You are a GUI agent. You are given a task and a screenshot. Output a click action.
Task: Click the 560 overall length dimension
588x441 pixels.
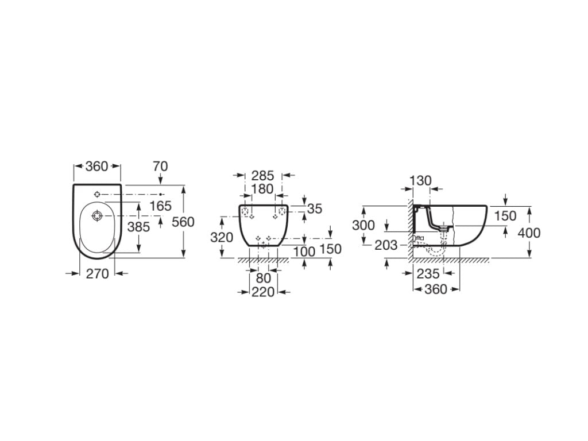[x=183, y=222]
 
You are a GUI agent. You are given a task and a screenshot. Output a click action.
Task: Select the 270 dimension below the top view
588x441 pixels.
[x=98, y=274]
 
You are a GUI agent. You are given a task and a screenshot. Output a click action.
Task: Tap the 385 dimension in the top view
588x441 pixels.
[x=139, y=227]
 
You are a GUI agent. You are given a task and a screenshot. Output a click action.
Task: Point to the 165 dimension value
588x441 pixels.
[x=161, y=206]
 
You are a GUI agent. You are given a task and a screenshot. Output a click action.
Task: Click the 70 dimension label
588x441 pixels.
[x=161, y=166]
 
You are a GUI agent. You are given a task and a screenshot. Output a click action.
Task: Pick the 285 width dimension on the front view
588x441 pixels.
[x=263, y=176]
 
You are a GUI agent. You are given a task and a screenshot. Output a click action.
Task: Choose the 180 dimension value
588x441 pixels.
[x=262, y=189]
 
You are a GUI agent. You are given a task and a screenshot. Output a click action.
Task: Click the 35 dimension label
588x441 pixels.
[x=315, y=209]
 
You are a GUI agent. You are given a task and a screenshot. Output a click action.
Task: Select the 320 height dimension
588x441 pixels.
[x=222, y=237]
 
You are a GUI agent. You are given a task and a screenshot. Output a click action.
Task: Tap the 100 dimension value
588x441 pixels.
[x=304, y=252]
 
